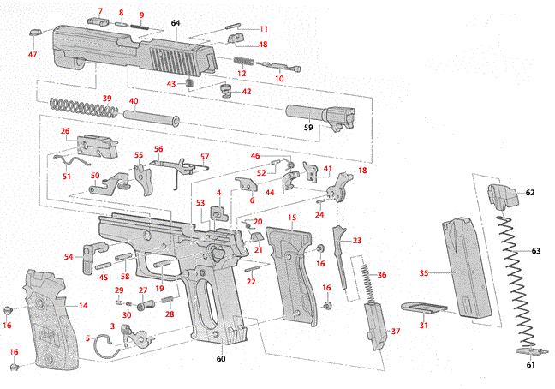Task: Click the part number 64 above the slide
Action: pos(176,21)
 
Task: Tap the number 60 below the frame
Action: pos(222,359)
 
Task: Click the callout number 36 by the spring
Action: pos(382,274)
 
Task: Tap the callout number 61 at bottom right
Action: pos(530,365)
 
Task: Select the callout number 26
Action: pos(65,131)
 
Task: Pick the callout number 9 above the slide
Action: pos(141,15)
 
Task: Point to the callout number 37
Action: pos(395,332)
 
